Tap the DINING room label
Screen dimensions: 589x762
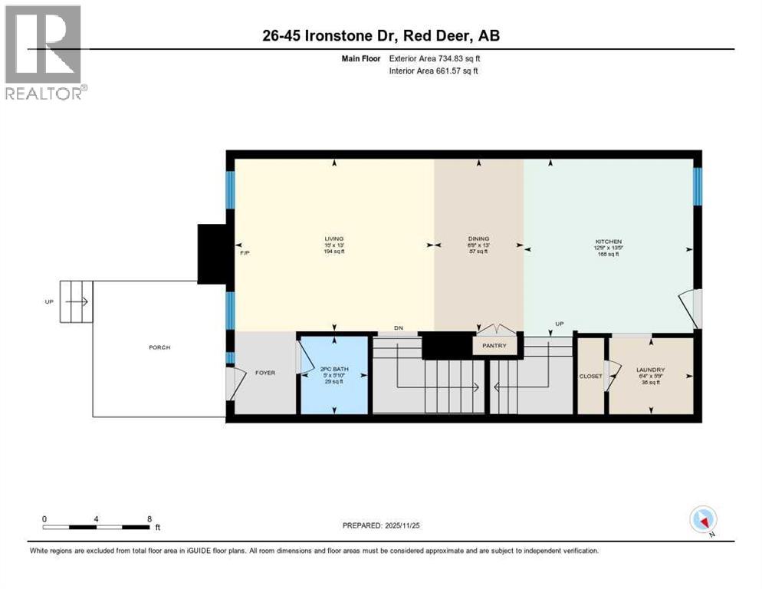tap(478, 239)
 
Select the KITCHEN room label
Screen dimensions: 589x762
tap(606, 241)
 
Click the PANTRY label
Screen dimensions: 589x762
tap(494, 346)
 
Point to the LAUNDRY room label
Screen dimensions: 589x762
tap(649, 370)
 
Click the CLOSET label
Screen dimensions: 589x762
tap(590, 377)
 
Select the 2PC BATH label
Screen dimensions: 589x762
tap(334, 370)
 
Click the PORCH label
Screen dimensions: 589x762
tap(159, 347)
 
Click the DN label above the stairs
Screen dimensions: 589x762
tap(398, 328)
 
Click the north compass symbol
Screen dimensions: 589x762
tap(703, 520)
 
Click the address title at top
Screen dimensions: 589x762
tap(380, 35)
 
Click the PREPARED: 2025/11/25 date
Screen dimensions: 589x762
tap(382, 526)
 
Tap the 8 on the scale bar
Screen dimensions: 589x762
tap(149, 519)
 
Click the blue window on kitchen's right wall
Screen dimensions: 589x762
tap(697, 186)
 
